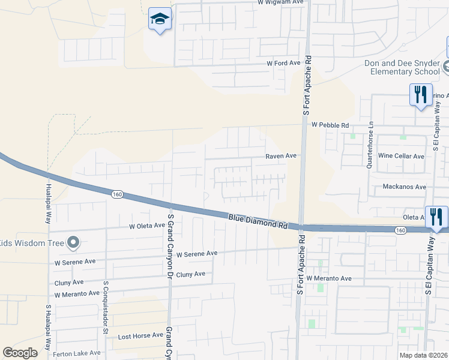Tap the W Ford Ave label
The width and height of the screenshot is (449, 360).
283,63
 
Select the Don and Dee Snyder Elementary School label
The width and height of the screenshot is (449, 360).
402,67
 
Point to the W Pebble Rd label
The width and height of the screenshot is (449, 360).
330,125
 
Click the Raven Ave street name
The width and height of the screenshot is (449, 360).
282,155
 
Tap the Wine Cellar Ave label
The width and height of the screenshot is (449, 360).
401,156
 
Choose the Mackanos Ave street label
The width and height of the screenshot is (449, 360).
405,187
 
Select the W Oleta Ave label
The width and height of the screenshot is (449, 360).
146,226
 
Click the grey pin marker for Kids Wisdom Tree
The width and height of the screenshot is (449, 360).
73,242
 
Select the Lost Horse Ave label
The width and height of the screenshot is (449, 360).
140,336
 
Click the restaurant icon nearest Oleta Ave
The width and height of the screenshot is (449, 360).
436,217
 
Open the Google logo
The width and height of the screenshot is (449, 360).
20,353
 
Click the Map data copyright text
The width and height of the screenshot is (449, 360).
423,355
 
